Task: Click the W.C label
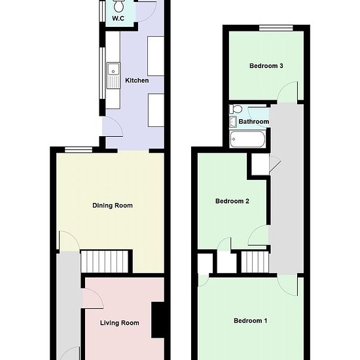[x=118, y=19]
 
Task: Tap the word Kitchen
[x=137, y=81]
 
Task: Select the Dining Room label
[x=112, y=206]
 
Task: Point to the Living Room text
[x=119, y=323]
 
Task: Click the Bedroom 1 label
[x=251, y=321]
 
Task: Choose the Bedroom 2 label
[x=232, y=202]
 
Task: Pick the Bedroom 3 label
[x=266, y=66]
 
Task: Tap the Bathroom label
[x=253, y=122]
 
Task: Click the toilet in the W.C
[x=119, y=6]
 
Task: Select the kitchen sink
[x=113, y=67]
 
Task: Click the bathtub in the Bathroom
[x=247, y=139]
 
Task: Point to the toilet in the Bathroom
[x=236, y=109]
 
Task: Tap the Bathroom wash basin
[x=233, y=121]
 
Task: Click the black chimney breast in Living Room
[x=158, y=319]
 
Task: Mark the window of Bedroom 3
[x=275, y=27]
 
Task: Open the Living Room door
[x=92, y=298]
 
